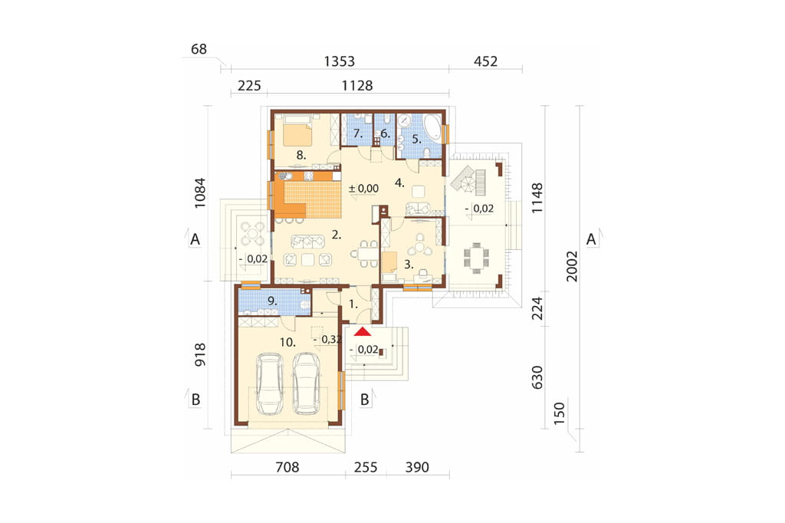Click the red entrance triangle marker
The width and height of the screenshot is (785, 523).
pyautogui.click(x=362, y=331)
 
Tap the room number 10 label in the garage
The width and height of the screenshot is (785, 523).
pyautogui.click(x=287, y=343)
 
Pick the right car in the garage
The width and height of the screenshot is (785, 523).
pyautogui.click(x=307, y=383)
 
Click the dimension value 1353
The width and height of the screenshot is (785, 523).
pyautogui.click(x=340, y=61)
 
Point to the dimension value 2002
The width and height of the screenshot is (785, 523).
pyautogui.click(x=572, y=267)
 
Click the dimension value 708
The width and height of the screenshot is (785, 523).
pyautogui.click(x=287, y=467)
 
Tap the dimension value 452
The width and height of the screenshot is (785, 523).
pyautogui.click(x=485, y=61)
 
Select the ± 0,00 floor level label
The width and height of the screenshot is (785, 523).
pyautogui.click(x=364, y=189)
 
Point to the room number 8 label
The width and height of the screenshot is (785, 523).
pyautogui.click(x=301, y=156)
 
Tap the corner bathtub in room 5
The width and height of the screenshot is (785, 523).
pyautogui.click(x=432, y=127)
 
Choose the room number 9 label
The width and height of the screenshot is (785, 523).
pyautogui.click(x=272, y=301)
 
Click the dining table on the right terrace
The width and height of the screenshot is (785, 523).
pyautogui.click(x=477, y=258)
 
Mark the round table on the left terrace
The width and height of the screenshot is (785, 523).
pyautogui.click(x=251, y=233)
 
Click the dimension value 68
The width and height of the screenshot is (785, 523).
pyautogui.click(x=199, y=49)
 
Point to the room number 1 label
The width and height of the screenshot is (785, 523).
pyautogui.click(x=353, y=304)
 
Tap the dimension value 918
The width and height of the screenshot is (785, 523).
pyautogui.click(x=200, y=355)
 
